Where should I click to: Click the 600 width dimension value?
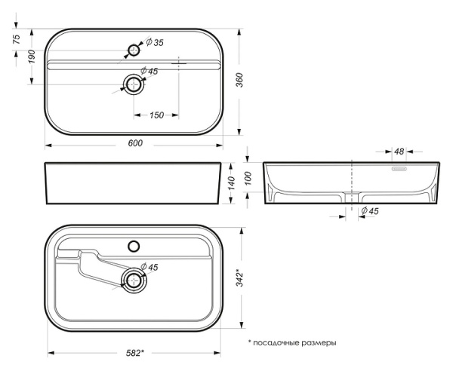[136, 144]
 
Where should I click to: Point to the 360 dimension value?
[239, 84]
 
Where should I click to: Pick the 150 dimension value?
[156, 115]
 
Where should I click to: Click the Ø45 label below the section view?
[369, 211]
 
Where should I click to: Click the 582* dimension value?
[134, 352]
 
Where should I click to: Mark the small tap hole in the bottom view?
[135, 245]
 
